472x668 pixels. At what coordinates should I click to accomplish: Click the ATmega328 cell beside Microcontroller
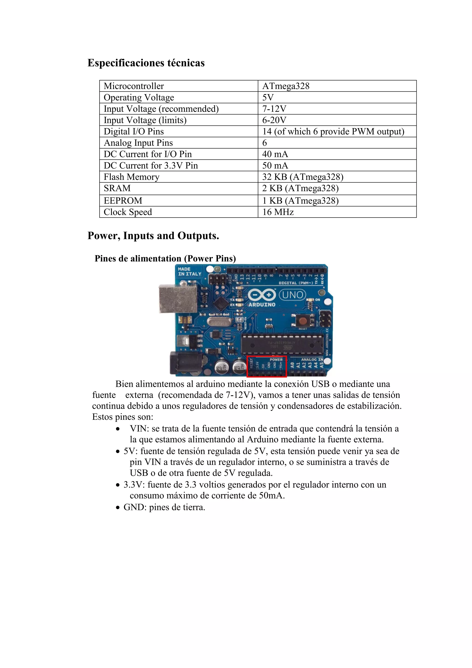click(286, 86)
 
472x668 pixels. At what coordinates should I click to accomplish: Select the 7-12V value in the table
click(274, 109)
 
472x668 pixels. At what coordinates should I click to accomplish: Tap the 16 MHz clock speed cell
click(278, 212)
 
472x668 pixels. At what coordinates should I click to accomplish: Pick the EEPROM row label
click(123, 201)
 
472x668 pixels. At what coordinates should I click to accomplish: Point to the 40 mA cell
click(275, 154)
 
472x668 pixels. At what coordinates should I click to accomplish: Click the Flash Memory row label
click(131, 177)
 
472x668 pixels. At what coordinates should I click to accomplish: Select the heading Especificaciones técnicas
click(146, 63)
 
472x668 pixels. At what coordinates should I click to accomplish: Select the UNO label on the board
click(292, 295)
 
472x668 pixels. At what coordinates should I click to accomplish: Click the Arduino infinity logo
click(262, 295)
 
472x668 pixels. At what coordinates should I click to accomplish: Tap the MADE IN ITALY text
click(189, 271)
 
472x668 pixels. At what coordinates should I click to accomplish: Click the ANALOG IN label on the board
click(312, 360)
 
